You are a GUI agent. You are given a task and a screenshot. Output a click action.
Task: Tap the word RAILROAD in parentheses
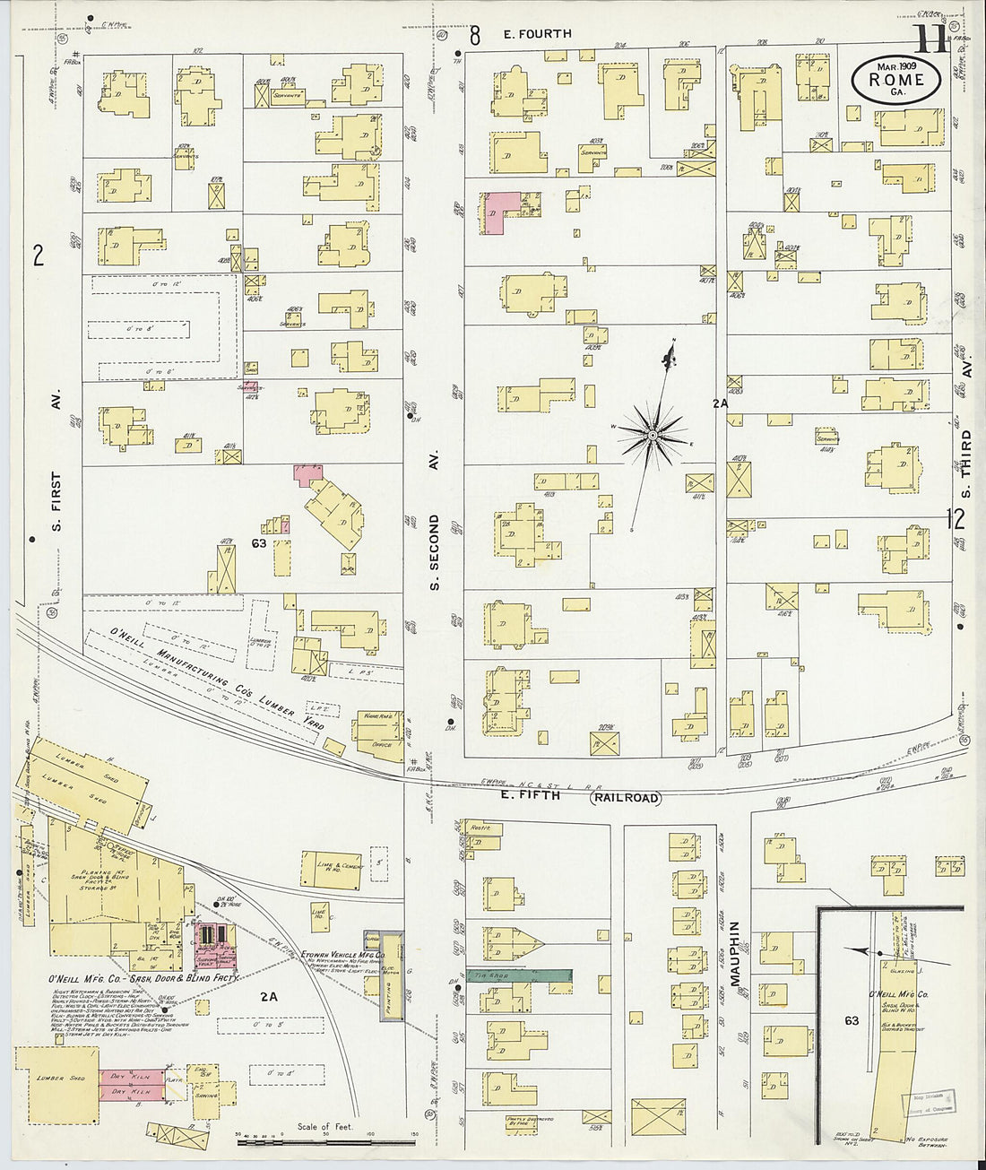click(x=625, y=798)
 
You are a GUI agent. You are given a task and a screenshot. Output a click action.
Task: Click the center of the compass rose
click(x=653, y=436)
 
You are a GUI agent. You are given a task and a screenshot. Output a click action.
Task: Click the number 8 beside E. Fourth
click(x=474, y=35)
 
